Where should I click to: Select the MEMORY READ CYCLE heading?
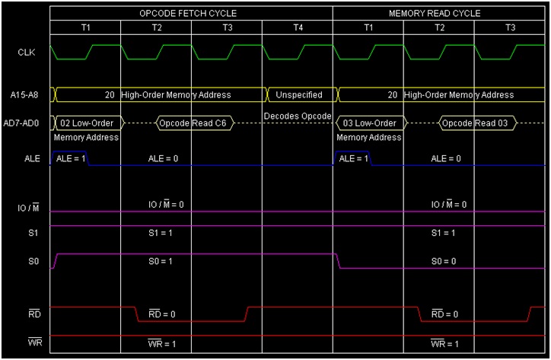pos(435,14)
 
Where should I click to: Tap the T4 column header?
pos(297,28)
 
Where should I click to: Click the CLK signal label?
pos(26,53)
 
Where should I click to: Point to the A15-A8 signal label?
pos(26,95)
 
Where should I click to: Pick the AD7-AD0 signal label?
pos(26,123)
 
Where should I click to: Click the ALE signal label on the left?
pos(26,158)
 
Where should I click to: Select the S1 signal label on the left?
pos(26,232)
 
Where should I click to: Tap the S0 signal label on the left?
pos(26,262)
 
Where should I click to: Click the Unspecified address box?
pos(298,95)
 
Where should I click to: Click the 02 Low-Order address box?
pos(85,123)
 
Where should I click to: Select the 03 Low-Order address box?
pos(369,123)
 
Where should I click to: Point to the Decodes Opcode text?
pos(298,116)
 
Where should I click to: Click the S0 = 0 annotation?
pos(444,262)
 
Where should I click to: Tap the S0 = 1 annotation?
pos(161,262)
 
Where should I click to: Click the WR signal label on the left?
pos(26,342)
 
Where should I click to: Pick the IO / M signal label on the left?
pos(26,208)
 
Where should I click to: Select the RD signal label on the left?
pos(26,313)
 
